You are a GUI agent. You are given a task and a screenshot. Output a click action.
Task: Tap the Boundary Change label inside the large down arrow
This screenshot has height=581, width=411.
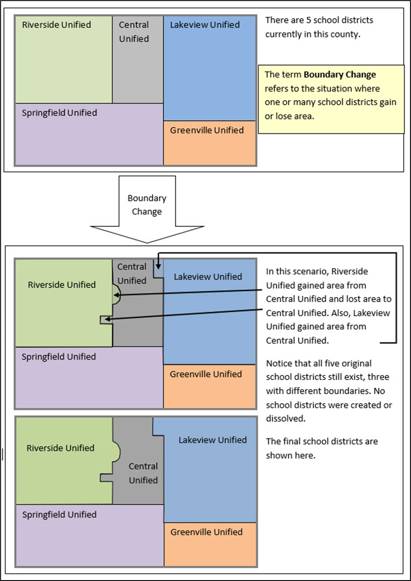pos(146,205)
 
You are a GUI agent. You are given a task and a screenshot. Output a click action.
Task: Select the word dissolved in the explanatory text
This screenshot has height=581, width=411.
pos(284,419)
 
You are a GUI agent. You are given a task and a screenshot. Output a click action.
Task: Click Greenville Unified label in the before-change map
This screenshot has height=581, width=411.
pos(207,130)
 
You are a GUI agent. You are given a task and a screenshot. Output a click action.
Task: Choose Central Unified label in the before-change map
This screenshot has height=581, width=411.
pos(134,32)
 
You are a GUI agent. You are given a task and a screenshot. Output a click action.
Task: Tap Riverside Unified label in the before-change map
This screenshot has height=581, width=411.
pos(57,24)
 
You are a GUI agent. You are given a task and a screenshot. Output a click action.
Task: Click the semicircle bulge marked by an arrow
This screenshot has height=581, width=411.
pos(116,295)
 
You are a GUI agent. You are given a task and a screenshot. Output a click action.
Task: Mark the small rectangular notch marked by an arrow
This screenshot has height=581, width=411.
pos(106,319)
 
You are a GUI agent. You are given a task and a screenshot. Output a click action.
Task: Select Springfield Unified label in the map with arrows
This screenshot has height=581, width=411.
pos(58,356)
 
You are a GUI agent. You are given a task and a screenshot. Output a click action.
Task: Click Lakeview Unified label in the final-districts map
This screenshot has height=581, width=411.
pos(212,440)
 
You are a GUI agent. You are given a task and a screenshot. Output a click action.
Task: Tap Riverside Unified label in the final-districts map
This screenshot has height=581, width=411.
pos(60,448)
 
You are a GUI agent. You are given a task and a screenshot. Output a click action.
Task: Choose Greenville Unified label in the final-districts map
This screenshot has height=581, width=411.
pos(207,532)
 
